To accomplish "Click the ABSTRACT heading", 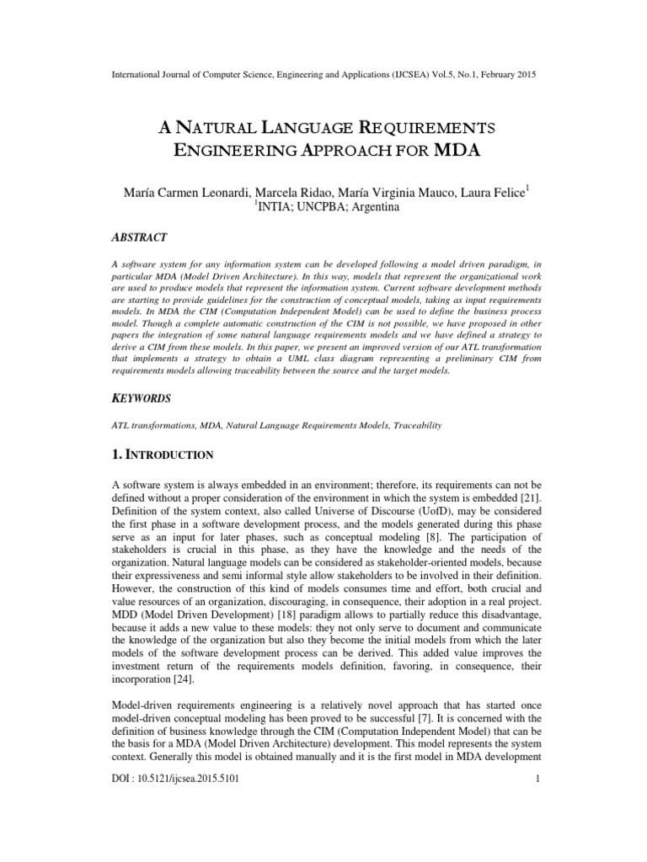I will (143, 237).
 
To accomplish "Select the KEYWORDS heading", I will (145, 396).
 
